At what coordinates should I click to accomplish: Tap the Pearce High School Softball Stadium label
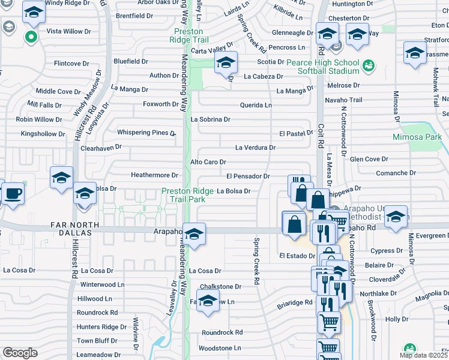point(322,66)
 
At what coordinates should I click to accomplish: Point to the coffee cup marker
point(12,193)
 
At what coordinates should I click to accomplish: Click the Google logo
point(20,352)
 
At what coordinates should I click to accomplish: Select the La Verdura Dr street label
point(255,147)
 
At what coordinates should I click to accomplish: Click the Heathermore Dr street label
point(155,175)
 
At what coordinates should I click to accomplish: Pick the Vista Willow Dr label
point(69,31)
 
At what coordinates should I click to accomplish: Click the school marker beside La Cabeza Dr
point(226,62)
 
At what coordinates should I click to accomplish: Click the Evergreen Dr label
point(427,236)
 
